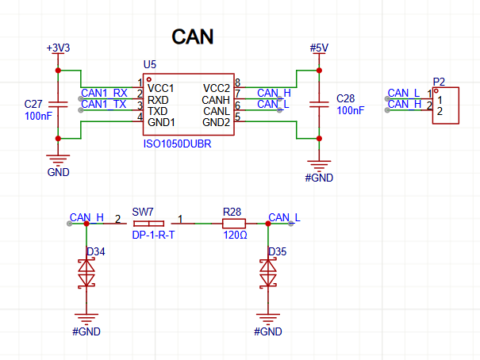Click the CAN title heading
click(193, 37)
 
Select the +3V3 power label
click(58, 48)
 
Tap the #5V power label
click(319, 48)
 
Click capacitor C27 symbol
click(58, 105)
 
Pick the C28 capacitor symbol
click(319, 105)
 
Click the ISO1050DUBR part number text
click(177, 144)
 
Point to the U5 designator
click(150, 64)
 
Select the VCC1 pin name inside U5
click(161, 88)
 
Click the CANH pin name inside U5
click(216, 100)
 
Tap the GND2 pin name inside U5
click(216, 122)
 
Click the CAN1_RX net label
click(104, 93)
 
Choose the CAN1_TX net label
click(104, 105)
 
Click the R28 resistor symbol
click(234, 224)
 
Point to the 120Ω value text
click(235, 236)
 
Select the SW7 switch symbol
click(149, 224)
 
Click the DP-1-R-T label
click(153, 235)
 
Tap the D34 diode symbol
click(86, 273)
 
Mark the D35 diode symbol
click(268, 273)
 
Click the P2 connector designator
click(439, 82)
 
